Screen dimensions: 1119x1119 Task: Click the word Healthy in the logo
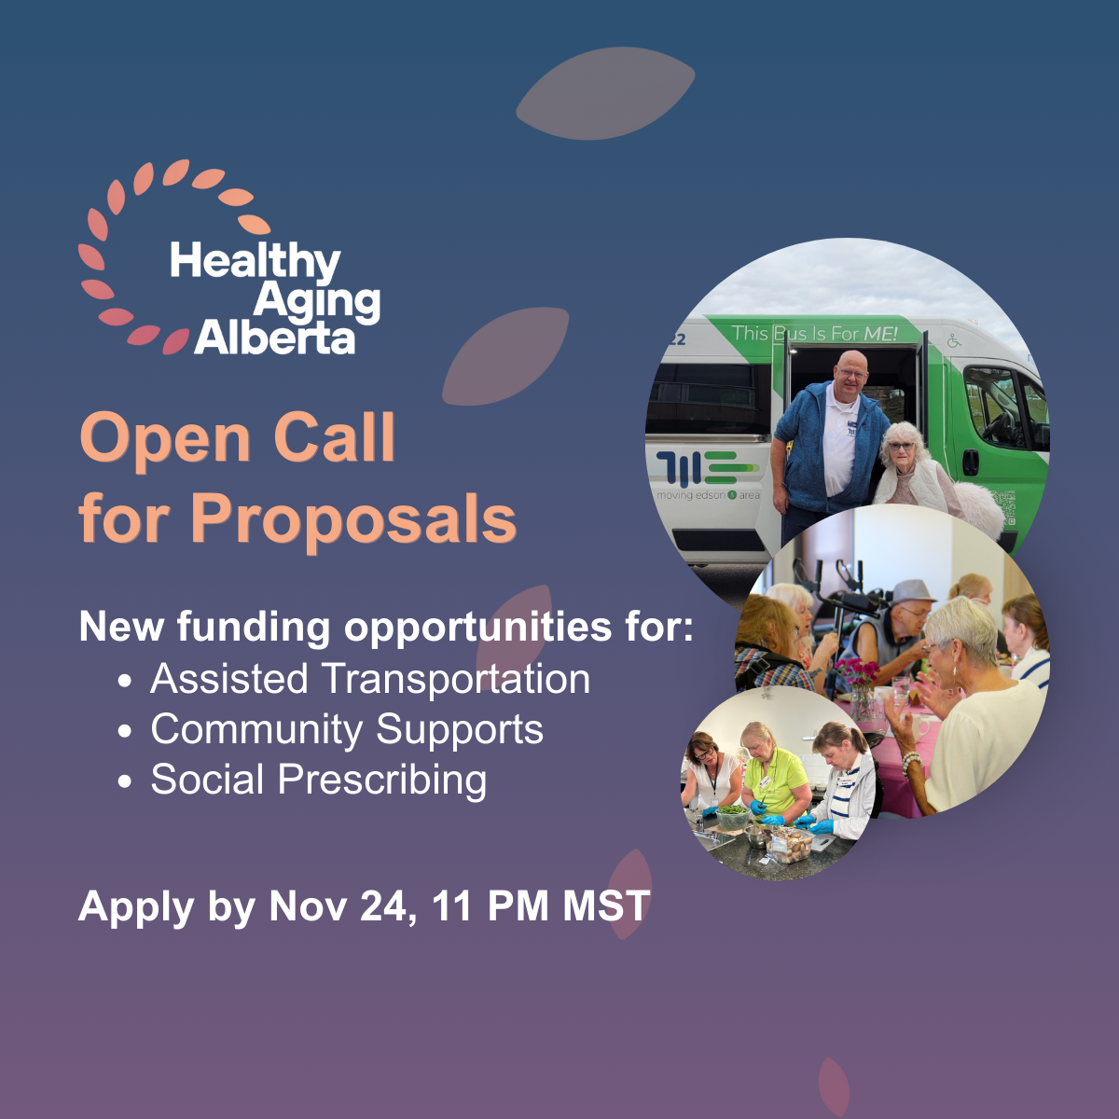(255, 262)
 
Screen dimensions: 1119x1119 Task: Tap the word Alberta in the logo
(275, 338)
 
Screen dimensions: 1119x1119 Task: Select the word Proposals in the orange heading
(353, 518)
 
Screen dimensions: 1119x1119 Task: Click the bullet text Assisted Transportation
(370, 678)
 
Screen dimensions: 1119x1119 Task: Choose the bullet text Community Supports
(347, 729)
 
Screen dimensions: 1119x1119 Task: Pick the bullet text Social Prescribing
(319, 780)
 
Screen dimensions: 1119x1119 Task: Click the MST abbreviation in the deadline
(606, 905)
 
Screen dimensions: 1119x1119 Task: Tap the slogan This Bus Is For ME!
(814, 333)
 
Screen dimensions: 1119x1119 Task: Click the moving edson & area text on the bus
(708, 495)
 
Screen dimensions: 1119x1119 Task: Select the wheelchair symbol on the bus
(954, 341)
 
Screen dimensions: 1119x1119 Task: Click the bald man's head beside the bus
(851, 372)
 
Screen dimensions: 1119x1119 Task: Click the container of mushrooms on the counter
(790, 846)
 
